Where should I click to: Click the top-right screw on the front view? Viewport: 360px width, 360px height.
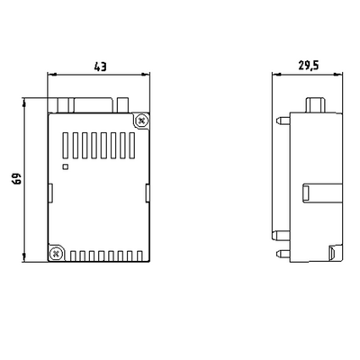pyautogui.click(x=141, y=120)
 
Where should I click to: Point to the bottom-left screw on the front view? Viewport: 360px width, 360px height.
pyautogui.click(x=55, y=253)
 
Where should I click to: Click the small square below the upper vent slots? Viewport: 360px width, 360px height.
pyautogui.click(x=63, y=166)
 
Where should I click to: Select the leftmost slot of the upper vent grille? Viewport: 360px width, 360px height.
pyautogui.click(x=66, y=145)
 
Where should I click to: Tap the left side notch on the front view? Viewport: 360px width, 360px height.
pyautogui.click(x=50, y=190)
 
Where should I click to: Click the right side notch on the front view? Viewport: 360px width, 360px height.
pyautogui.click(x=145, y=190)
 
